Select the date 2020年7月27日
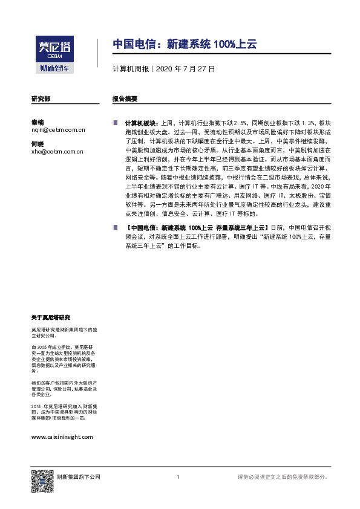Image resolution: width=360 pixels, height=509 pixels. tap(185, 69)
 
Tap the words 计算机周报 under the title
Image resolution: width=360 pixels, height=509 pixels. tap(131, 69)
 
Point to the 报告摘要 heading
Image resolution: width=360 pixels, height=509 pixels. tap(125, 98)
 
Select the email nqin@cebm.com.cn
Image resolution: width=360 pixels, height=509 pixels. tap(58, 129)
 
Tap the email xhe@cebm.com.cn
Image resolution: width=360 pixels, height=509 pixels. tap(57, 152)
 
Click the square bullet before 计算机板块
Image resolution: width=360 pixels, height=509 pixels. tap(115, 122)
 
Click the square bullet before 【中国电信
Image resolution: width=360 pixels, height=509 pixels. tap(115, 227)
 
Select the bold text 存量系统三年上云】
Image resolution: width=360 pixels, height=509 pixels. tap(242, 227)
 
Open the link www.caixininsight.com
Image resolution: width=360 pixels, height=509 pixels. tap(61, 436)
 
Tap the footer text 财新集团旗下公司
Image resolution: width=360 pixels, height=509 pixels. tap(74, 477)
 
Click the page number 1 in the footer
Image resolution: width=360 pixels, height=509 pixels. tap(178, 477)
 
